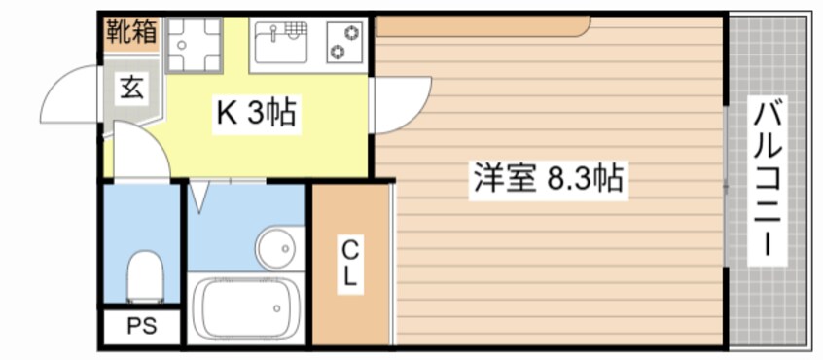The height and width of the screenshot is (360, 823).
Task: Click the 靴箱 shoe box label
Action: (131, 32)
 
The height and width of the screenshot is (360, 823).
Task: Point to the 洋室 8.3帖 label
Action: (549, 179)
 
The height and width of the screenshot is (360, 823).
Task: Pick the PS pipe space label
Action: (142, 326)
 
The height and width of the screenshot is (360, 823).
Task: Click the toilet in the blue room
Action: (145, 276)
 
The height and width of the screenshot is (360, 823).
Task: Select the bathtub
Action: (246, 307)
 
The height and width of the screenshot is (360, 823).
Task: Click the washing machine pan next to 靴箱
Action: (195, 44)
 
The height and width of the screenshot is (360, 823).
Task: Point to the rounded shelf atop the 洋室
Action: (483, 26)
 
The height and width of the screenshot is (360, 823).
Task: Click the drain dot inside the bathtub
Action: (275, 308)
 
